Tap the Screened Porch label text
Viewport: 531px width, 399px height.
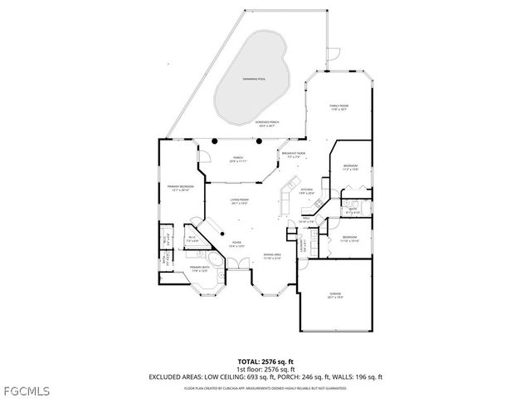click(x=266, y=124)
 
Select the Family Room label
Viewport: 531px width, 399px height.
click(x=338, y=107)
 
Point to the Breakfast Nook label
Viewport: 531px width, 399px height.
click(x=293, y=154)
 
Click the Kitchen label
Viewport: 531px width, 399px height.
click(x=306, y=190)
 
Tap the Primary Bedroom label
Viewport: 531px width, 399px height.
click(x=180, y=188)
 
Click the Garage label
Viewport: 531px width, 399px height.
click(x=334, y=295)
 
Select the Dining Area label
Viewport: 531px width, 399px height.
click(x=271, y=256)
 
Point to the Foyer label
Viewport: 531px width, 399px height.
click(x=236, y=244)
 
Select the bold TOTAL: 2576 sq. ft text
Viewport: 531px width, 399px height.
click(x=265, y=362)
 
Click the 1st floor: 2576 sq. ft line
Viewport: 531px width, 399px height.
click(x=265, y=369)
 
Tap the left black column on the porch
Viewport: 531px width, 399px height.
click(x=214, y=141)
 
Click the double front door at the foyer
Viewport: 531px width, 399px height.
click(x=238, y=264)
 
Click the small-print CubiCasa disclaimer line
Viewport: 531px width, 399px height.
click(x=265, y=387)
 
